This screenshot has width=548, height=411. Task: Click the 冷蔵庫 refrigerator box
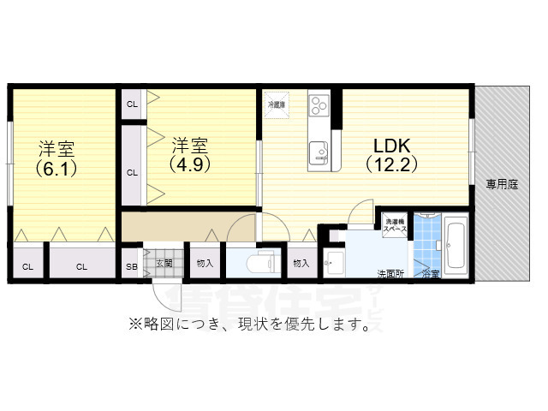276,104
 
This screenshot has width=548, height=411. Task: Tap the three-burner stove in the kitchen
319,104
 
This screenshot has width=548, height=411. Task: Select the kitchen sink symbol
319,151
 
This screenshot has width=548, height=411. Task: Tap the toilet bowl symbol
259,263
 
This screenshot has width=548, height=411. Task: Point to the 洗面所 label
390,274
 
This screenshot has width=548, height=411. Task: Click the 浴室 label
430,274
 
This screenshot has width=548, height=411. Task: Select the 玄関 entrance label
164,263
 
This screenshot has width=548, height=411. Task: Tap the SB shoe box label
132,266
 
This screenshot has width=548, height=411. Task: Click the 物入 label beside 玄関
205,263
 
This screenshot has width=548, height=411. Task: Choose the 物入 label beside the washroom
301,263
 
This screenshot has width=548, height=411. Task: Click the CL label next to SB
81,266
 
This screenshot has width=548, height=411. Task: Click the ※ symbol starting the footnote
134,325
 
